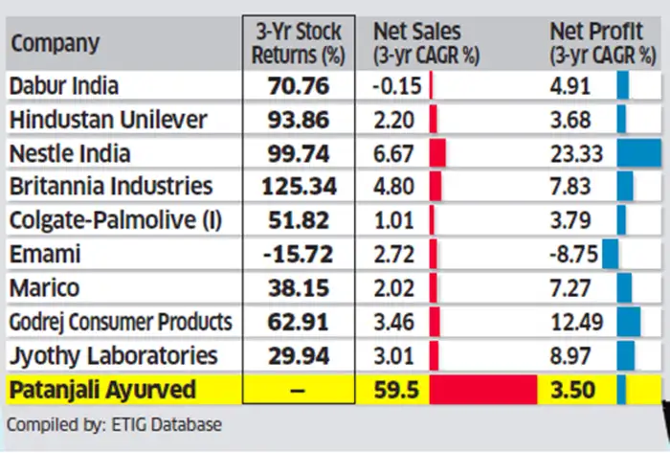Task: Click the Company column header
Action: [56, 42]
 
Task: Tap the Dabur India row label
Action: [64, 85]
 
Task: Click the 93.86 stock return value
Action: [298, 120]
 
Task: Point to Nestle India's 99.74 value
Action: [298, 153]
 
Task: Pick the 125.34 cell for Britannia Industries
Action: [298, 187]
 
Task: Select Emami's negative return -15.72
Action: [298, 255]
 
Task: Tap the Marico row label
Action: [44, 287]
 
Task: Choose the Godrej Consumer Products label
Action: [121, 322]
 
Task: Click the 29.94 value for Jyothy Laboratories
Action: [298, 355]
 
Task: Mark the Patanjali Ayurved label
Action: [102, 390]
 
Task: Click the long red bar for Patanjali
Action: [483, 390]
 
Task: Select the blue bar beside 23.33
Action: [639, 153]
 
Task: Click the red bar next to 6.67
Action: [438, 153]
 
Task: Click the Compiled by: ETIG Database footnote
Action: [100, 423]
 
